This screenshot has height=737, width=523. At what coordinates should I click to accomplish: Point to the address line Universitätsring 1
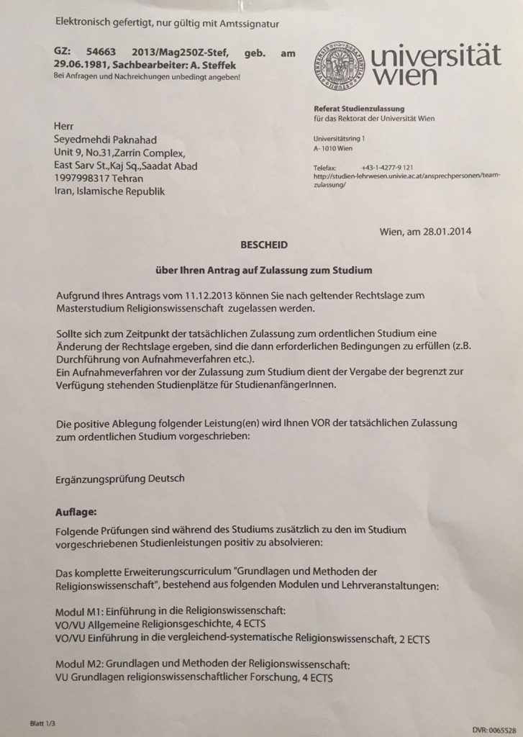(342, 137)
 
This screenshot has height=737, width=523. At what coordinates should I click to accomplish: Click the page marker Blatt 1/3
(43, 722)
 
